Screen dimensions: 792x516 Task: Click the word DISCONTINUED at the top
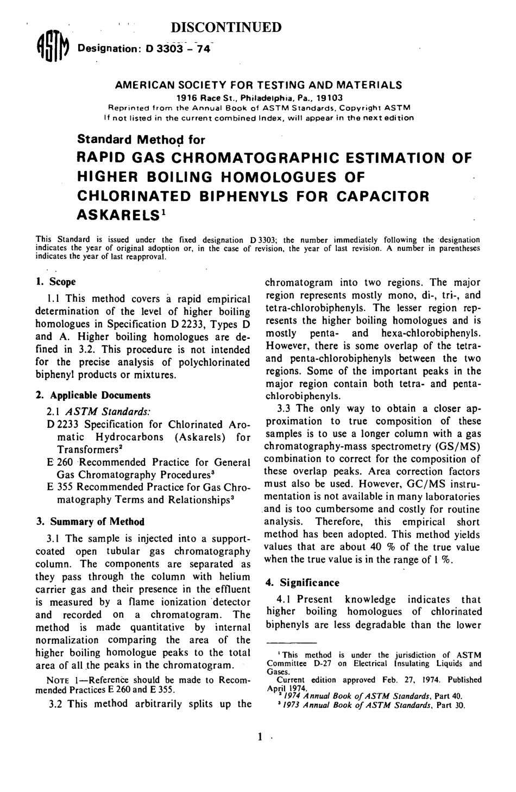click(x=226, y=27)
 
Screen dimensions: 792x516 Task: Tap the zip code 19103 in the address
click(x=330, y=98)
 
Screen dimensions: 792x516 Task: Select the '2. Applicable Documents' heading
click(x=93, y=395)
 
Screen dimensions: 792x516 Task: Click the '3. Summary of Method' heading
click(x=90, y=522)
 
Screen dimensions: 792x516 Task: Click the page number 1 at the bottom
click(x=261, y=737)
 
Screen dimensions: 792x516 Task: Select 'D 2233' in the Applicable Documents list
click(x=64, y=424)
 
